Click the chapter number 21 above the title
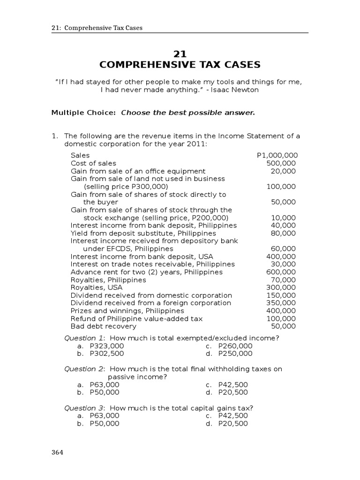pos(180,54)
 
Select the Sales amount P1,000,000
pos(277,155)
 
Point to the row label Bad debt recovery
pos(104,326)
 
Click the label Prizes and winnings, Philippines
pos(127,311)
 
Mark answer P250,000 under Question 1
pos(235,353)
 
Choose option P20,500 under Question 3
pos(233,423)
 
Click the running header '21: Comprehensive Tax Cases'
pos(97,28)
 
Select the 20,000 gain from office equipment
pos(283,171)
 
